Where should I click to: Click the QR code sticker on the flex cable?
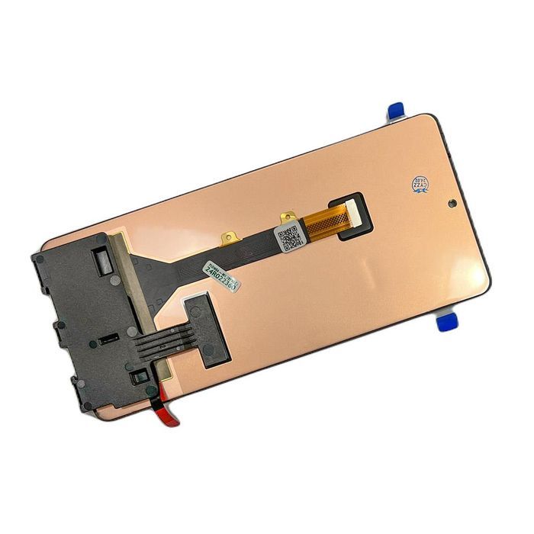288,238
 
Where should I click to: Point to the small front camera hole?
452,204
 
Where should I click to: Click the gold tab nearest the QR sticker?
288,218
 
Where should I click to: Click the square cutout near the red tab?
139,376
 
